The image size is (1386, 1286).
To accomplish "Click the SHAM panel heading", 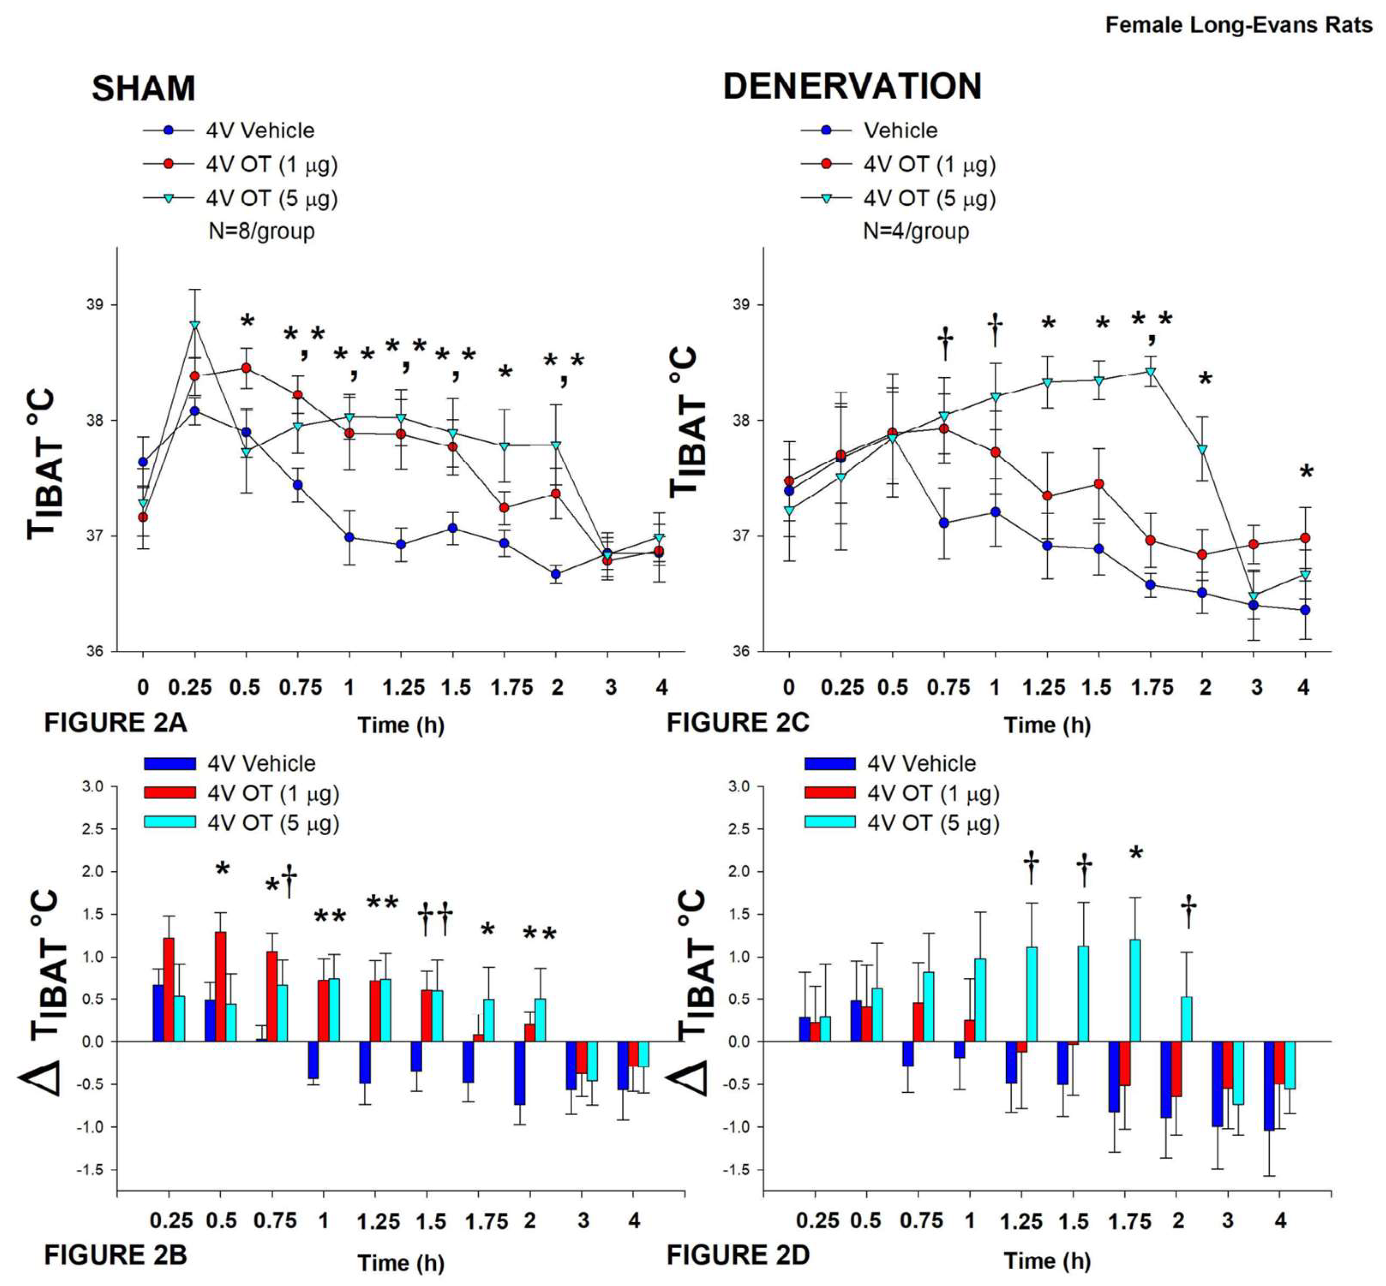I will pos(144,88).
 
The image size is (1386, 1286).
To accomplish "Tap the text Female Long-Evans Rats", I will pos(1238,26).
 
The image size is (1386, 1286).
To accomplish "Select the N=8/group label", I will pos(261,231).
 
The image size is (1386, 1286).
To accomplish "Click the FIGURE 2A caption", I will pos(116,722).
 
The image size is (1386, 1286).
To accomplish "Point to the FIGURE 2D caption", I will pos(738,1255).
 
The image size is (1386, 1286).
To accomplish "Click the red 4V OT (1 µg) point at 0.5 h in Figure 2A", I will pos(246,367).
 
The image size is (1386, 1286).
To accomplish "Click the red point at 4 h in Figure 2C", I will pos(1305,538).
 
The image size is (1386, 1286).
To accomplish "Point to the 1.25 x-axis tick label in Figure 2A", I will pos(403,688).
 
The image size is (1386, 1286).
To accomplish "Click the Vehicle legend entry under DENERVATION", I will pos(900,131).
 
